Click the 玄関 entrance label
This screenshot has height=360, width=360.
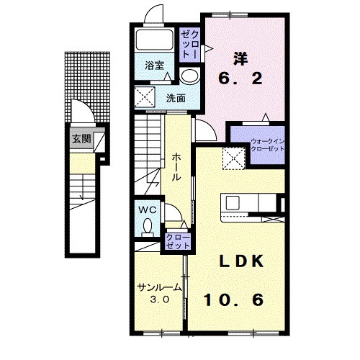pyautogui.click(x=81, y=138)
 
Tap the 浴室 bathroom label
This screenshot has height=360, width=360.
pyautogui.click(x=154, y=66)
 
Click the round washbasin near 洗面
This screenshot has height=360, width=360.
pyautogui.click(x=190, y=75)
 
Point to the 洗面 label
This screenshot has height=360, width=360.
pyautogui.click(x=176, y=98)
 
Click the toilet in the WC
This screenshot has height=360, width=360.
pyautogui.click(x=148, y=228)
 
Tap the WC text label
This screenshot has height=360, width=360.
pyautogui.click(x=148, y=210)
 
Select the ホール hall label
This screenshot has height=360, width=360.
pyautogui.click(x=176, y=167)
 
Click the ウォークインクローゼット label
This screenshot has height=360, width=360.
pyautogui.click(x=267, y=145)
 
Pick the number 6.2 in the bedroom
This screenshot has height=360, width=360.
pyautogui.click(x=240, y=78)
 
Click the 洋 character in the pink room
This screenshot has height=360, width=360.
pyautogui.click(x=240, y=58)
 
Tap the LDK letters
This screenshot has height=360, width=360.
pyautogui.click(x=242, y=261)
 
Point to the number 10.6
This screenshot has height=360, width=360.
pyautogui.click(x=233, y=300)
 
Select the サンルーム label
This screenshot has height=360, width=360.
pyautogui.click(x=158, y=287)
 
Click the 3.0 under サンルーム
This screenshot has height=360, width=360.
pyautogui.click(x=160, y=300)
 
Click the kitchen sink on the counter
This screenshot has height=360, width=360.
pyautogui.click(x=233, y=203)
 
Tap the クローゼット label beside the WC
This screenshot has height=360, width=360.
pyautogui.click(x=178, y=241)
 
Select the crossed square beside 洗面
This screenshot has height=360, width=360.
pyautogui.click(x=145, y=97)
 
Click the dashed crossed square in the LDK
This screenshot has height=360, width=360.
pyautogui.click(x=233, y=158)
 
